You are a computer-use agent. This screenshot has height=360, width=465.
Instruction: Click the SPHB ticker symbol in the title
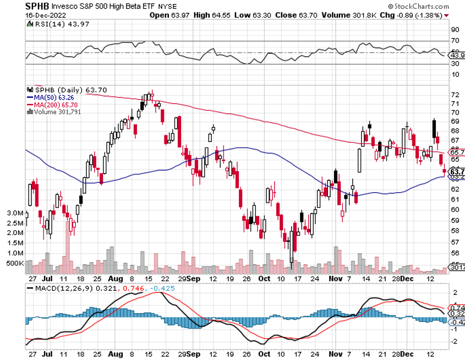15,6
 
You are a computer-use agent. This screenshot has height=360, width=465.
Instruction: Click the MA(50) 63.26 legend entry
52,97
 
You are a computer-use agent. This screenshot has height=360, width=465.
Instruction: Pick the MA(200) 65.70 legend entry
53,105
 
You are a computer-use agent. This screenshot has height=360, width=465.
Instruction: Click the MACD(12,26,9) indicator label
63,288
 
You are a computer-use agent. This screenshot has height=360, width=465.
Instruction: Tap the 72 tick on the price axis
455,95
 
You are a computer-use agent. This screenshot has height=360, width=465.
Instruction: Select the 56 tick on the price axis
455,254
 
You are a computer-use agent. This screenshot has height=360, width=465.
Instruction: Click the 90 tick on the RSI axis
455,30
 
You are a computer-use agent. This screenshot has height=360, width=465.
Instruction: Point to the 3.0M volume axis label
14,213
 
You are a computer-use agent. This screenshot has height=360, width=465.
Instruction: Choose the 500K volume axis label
14,264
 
